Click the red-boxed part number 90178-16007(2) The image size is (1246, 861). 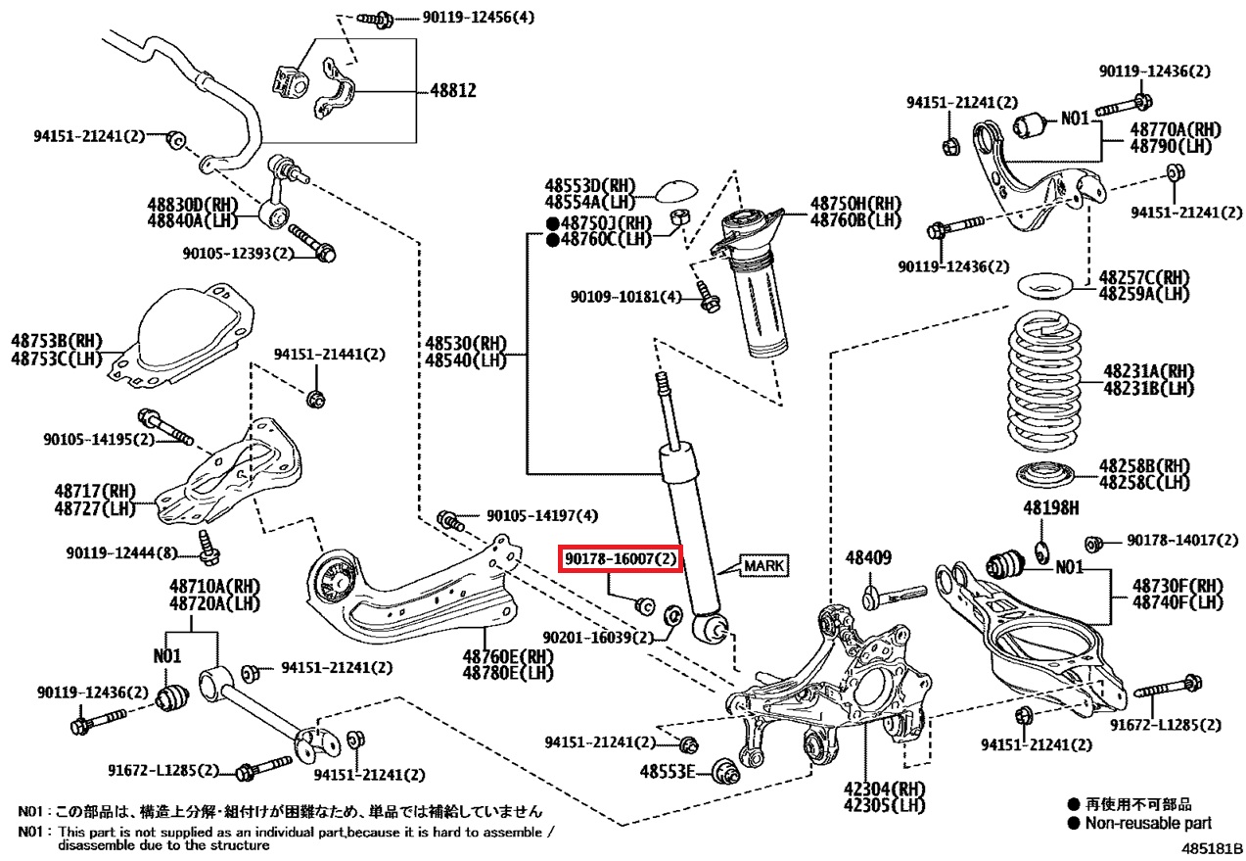[621, 558]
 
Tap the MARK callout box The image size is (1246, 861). [764, 566]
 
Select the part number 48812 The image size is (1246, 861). [453, 90]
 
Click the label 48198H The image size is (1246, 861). [1051, 507]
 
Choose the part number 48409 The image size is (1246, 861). [868, 557]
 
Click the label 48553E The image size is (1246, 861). [668, 772]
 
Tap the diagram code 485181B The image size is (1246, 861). [1212, 849]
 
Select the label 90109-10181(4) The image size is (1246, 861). [625, 297]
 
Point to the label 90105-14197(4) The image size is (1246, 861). [542, 516]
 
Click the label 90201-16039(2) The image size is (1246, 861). [598, 638]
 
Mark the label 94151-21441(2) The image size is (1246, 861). [329, 355]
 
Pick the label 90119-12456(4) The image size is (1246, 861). [479, 18]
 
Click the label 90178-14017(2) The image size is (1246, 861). [1182, 540]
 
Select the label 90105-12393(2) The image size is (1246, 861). [238, 254]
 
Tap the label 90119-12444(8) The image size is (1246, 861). [121, 552]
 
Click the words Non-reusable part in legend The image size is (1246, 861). [1148, 823]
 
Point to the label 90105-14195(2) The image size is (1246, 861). [99, 440]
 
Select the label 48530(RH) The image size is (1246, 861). [466, 343]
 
